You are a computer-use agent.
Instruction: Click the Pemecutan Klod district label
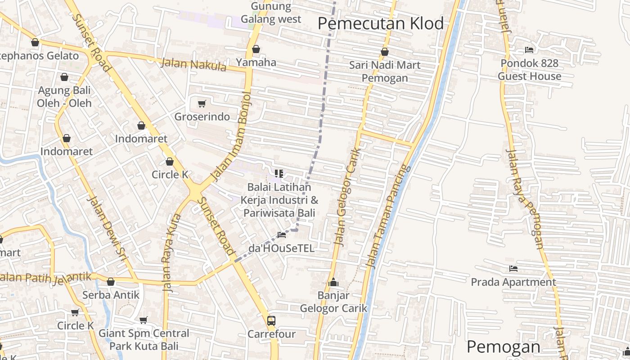pyautogui.click(x=381, y=23)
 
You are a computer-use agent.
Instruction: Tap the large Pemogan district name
pyautogui.click(x=503, y=347)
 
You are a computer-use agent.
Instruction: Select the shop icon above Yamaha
pyautogui.click(x=256, y=49)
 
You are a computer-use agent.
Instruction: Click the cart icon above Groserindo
pyautogui.click(x=202, y=104)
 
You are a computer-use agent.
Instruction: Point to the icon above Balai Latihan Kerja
pyautogui.click(x=279, y=173)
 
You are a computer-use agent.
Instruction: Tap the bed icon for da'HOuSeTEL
pyautogui.click(x=282, y=234)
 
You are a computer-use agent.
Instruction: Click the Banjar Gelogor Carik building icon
pyautogui.click(x=333, y=282)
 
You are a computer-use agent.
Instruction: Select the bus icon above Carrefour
pyautogui.click(x=271, y=320)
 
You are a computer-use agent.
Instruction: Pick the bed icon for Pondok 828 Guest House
pyautogui.click(x=529, y=50)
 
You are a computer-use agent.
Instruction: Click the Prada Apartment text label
pyautogui.click(x=513, y=282)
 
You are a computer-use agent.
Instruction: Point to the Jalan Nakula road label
pyautogui.click(x=193, y=64)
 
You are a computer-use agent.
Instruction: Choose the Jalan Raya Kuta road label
pyautogui.click(x=171, y=253)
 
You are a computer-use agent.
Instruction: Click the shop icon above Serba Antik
pyautogui.click(x=111, y=282)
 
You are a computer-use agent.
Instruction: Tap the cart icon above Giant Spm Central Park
pyautogui.click(x=144, y=320)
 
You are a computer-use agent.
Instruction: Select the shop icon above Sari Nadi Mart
pyautogui.click(x=385, y=52)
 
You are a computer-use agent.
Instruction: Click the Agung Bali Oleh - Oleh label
pyautogui.click(x=64, y=96)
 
